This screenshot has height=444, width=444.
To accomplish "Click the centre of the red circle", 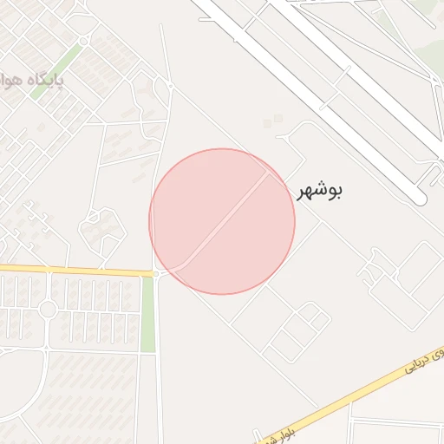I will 222,221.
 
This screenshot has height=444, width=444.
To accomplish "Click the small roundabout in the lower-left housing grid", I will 48,310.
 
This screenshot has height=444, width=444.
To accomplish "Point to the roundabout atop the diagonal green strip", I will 83,41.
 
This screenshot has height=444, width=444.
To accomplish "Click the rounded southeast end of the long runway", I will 420,199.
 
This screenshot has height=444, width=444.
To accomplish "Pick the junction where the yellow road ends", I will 156,274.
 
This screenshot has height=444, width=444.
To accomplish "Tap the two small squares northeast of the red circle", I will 273,121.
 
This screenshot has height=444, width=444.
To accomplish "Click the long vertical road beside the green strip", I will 156,364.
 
